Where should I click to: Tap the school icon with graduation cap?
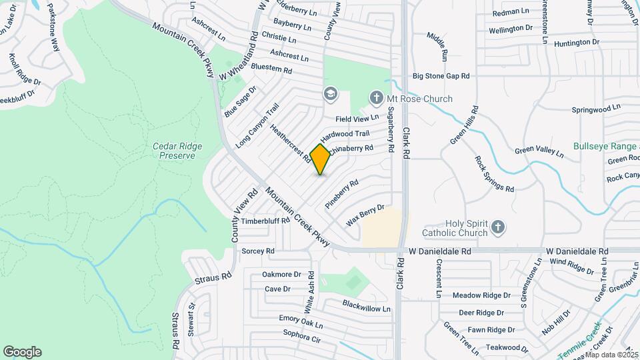[330, 93]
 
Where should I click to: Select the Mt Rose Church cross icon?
[377, 99]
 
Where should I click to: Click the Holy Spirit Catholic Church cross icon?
[497, 229]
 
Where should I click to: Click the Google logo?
[22, 352]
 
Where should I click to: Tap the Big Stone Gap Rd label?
[441, 77]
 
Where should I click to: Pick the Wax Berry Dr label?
[365, 215]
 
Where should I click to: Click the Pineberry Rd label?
[342, 194]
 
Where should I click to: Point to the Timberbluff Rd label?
[265, 221]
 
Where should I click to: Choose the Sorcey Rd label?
[258, 251]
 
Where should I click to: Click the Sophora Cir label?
[302, 335]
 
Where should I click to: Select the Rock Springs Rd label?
[494, 174]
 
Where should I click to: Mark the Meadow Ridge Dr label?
[481, 295]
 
